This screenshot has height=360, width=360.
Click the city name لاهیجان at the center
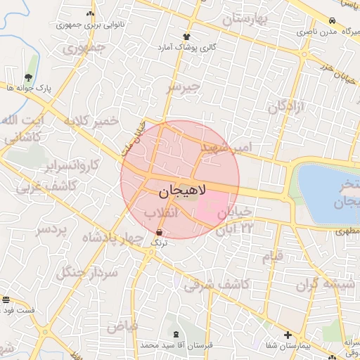click(x=178, y=190)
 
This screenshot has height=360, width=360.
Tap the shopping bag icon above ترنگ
click(x=159, y=231)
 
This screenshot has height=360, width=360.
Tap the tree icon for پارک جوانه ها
click(x=28, y=77)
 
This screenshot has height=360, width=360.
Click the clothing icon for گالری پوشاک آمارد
click(x=186, y=37)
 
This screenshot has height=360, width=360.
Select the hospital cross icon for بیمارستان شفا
click(x=288, y=335)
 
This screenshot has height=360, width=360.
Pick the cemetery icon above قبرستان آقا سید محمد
click(x=176, y=334)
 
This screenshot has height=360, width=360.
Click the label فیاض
click(x=122, y=327)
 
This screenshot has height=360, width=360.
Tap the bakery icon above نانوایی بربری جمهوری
click(x=89, y=14)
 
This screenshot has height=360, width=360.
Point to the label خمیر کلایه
click(x=91, y=121)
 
